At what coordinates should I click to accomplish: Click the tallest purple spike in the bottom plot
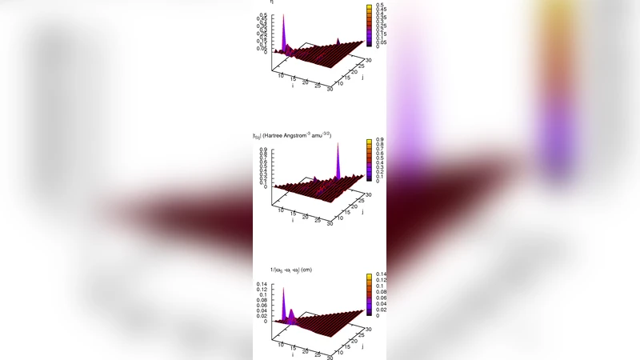click(x=283, y=292)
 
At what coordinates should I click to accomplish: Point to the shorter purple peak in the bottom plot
click(x=293, y=313)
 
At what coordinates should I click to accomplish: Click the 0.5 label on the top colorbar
click(x=373, y=6)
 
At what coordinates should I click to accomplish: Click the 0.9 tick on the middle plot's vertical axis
click(x=262, y=149)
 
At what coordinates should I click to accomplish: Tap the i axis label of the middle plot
click(x=293, y=219)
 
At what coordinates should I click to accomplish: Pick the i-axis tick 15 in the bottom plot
click(x=293, y=348)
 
